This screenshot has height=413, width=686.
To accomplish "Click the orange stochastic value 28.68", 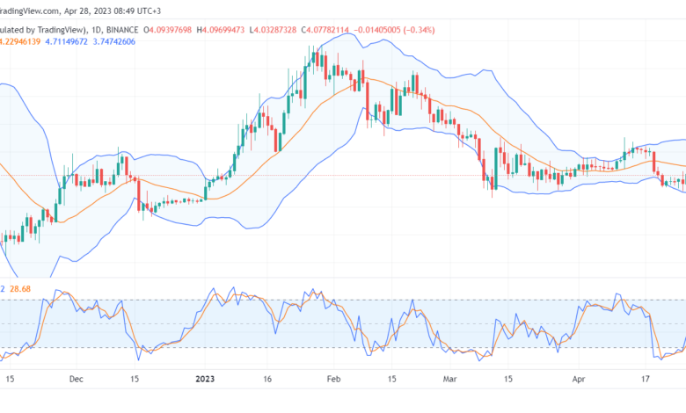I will [x=19, y=288].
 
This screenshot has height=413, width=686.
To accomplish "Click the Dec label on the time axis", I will [x=76, y=380].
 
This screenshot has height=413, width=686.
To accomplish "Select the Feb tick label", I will [x=332, y=380].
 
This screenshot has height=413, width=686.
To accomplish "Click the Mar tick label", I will [x=449, y=380].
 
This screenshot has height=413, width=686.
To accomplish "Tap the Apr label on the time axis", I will [x=580, y=380].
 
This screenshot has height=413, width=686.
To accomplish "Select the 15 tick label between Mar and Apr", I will [x=507, y=380].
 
